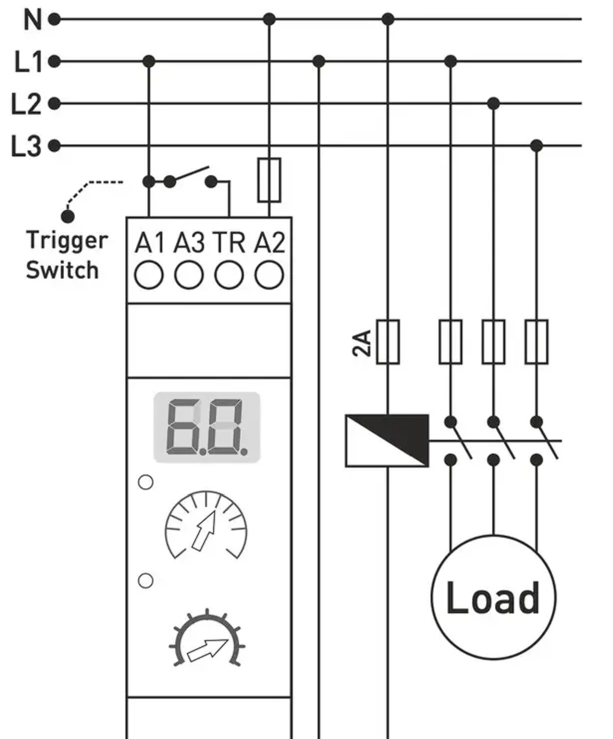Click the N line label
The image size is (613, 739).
click(x=33, y=20)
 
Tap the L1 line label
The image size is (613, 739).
click(x=28, y=62)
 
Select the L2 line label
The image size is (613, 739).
click(x=26, y=104)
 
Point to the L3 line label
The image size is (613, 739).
click(x=26, y=145)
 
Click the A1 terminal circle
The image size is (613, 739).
click(x=149, y=275)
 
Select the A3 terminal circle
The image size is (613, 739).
click(x=189, y=275)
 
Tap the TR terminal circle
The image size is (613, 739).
click(x=229, y=275)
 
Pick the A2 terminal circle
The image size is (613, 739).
click(x=269, y=275)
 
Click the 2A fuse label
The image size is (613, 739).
click(x=362, y=343)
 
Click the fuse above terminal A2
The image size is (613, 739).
click(x=269, y=180)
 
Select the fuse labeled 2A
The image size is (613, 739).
click(x=388, y=342)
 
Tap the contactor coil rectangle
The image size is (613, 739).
click(x=387, y=441)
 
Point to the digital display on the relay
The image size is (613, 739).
click(x=207, y=427)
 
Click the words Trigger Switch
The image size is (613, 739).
click(x=67, y=255)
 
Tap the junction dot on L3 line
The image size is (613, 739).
click(x=537, y=145)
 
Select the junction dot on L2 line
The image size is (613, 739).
click(x=493, y=104)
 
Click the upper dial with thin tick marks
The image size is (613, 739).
click(x=206, y=524)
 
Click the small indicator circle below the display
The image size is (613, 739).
click(x=146, y=482)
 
